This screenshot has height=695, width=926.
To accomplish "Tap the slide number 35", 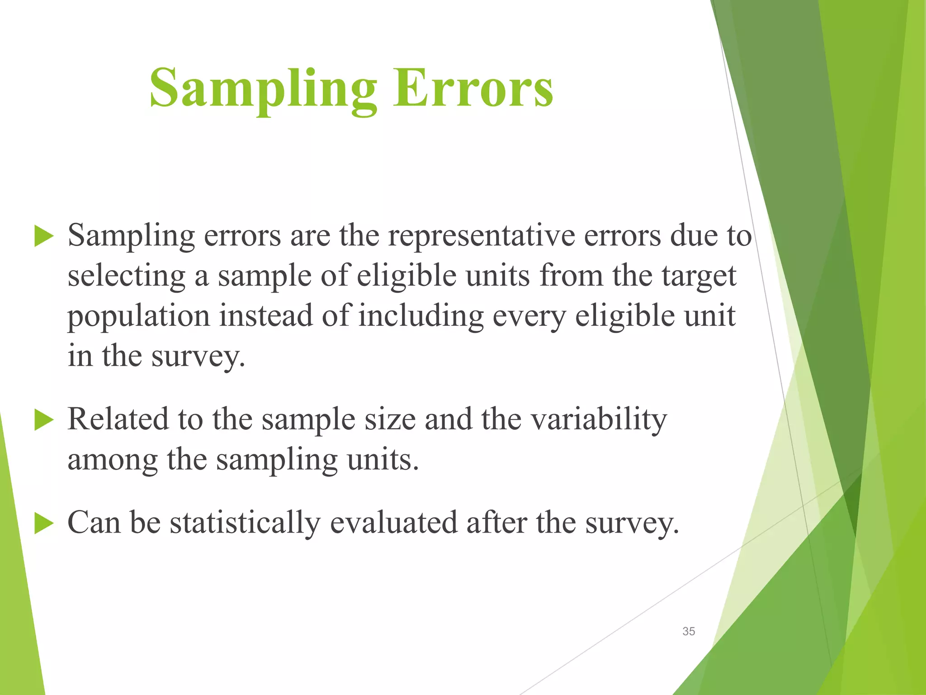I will pyautogui.click(x=689, y=631).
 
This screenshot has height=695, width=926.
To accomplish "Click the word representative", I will pyautogui.click(x=481, y=236).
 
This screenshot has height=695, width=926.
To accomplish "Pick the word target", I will pyautogui.click(x=699, y=276).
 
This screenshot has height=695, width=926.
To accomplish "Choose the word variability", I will pyautogui.click(x=599, y=420).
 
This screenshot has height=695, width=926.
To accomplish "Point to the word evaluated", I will pyautogui.click(x=393, y=523).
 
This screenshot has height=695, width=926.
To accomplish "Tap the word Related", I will pyautogui.click(x=118, y=419).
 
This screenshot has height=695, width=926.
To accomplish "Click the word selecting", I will pyautogui.click(x=126, y=276).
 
